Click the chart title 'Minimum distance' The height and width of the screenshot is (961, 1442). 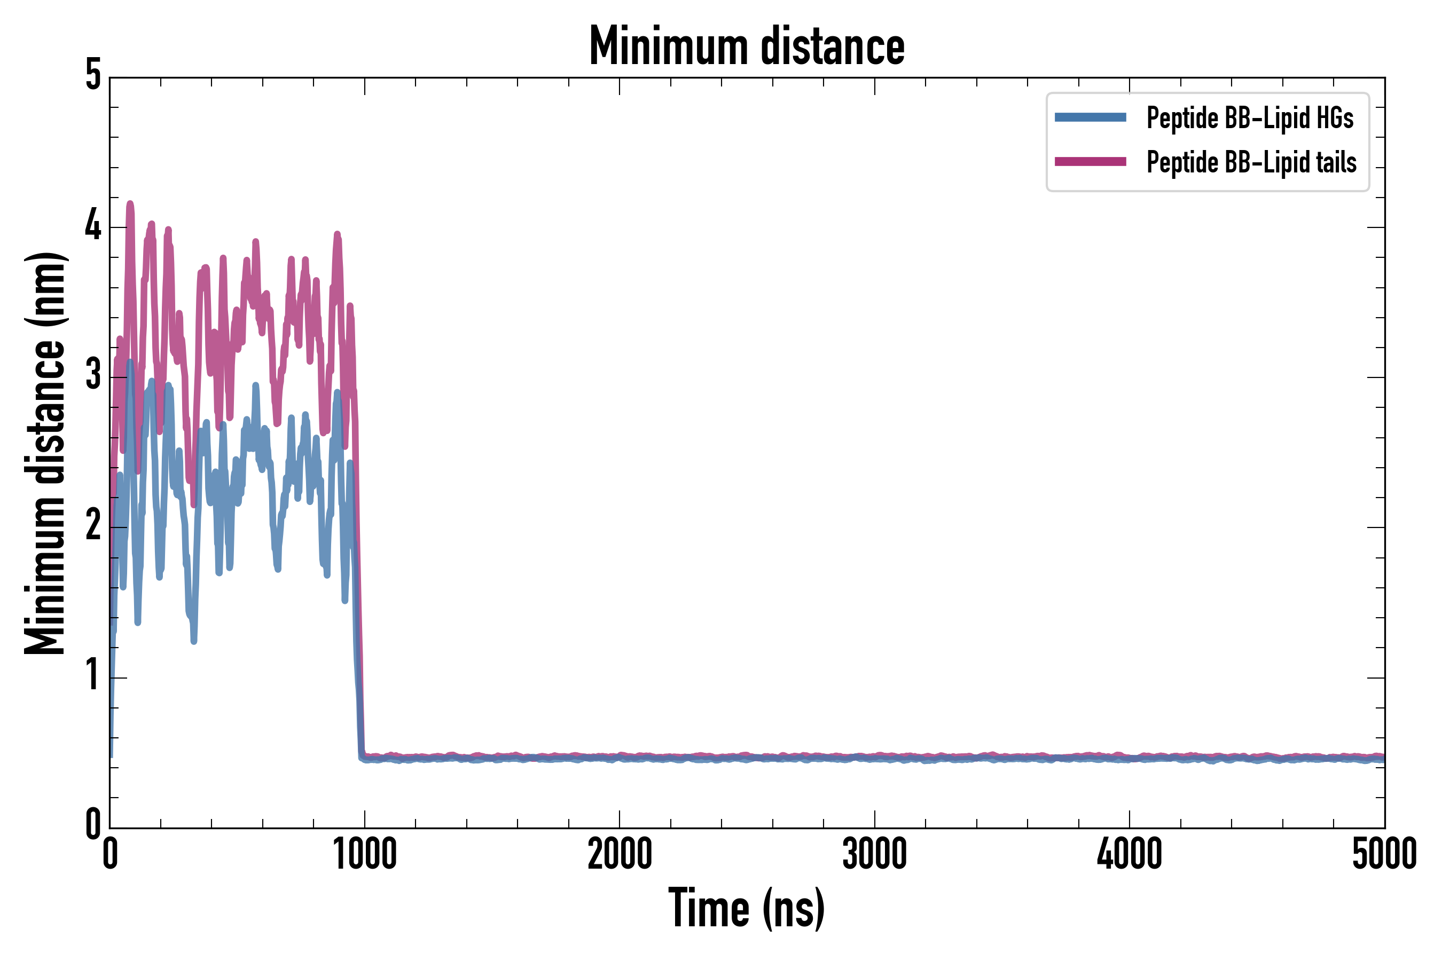click(x=746, y=46)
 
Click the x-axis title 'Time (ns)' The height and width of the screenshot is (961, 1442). click(x=746, y=908)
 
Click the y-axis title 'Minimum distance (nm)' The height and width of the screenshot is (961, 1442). click(x=45, y=453)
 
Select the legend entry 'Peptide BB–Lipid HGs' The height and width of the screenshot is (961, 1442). click(x=1250, y=117)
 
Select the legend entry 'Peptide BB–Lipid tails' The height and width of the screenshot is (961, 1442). click(x=1251, y=162)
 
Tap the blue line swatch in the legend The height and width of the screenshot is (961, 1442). click(x=1090, y=117)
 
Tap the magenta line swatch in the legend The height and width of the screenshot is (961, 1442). click(x=1090, y=162)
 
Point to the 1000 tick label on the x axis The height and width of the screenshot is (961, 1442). click(x=365, y=854)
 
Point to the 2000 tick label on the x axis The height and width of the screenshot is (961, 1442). click(x=619, y=854)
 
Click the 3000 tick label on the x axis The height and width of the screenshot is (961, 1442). click(x=874, y=854)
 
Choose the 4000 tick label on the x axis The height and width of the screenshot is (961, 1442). click(x=1130, y=854)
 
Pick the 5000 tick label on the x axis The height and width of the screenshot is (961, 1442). click(x=1384, y=854)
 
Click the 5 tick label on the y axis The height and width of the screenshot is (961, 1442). click(x=93, y=76)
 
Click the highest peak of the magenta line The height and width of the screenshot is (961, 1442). click(x=130, y=203)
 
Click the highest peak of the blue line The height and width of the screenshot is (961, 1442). click(x=130, y=362)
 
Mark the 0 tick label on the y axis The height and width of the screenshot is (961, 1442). click(x=93, y=825)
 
